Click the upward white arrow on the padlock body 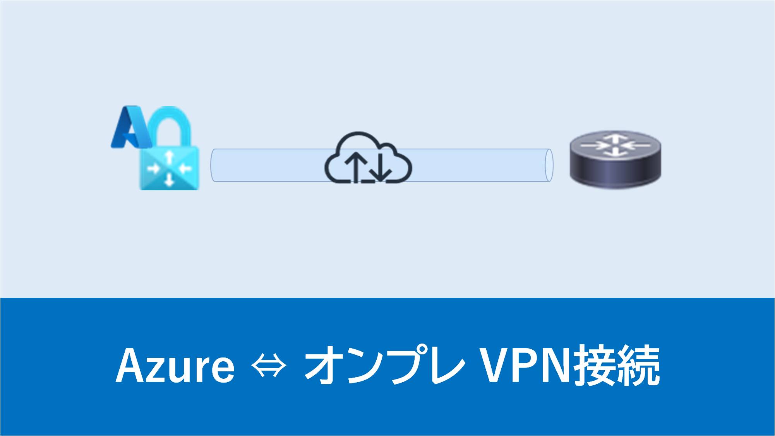click(169, 157)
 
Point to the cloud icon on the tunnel click(368, 159)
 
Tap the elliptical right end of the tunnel click(549, 165)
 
